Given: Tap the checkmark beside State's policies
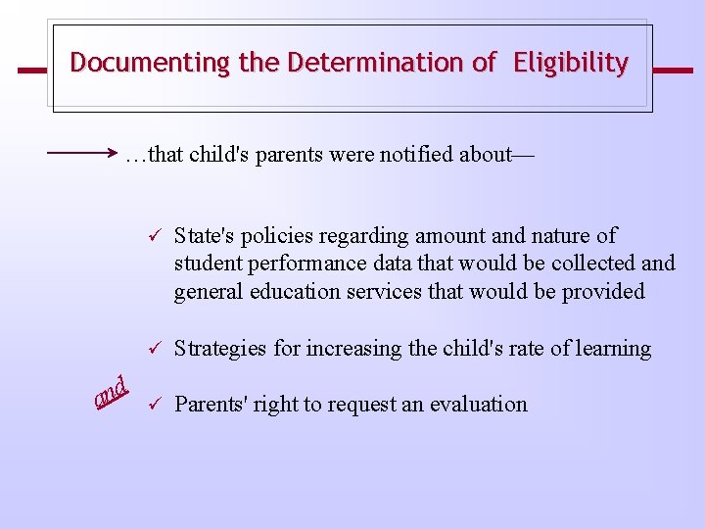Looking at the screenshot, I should click(x=153, y=236).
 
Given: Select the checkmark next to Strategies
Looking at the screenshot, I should click(x=153, y=349).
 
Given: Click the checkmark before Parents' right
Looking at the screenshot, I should click(x=153, y=405).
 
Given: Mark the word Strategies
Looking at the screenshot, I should click(x=217, y=349).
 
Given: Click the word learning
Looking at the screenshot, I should click(x=613, y=349).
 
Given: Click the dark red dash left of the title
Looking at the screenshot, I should click(x=32, y=71).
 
